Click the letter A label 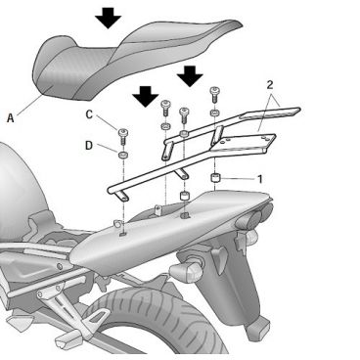(11, 117)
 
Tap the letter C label (89, 115)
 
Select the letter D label (89, 146)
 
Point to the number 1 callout (260, 179)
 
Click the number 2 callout (270, 85)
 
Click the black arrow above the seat (109, 17)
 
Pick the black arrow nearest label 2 (190, 76)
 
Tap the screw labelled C (123, 136)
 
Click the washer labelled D (123, 155)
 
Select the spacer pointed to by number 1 (214, 179)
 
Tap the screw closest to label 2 (214, 95)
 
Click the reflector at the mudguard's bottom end (258, 329)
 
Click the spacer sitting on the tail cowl (185, 198)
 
